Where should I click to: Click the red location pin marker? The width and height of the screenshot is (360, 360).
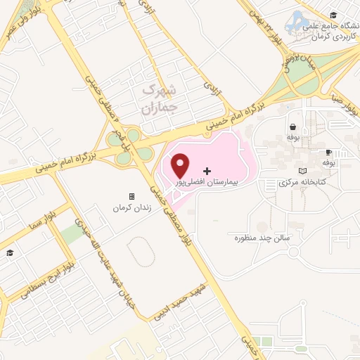point(181,165)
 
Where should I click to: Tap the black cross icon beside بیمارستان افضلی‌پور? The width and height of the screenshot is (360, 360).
point(207,171)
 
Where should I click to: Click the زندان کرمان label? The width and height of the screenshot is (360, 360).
point(131,209)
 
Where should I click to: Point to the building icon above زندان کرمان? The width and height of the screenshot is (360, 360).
point(131,197)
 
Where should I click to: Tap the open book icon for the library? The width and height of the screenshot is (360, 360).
point(302,172)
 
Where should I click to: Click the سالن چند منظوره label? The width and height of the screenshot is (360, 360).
point(268,238)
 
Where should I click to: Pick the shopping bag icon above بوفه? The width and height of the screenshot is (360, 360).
point(292,127)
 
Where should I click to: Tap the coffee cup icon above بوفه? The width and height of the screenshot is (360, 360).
point(328,153)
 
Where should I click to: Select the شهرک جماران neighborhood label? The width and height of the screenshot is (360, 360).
point(156,98)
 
